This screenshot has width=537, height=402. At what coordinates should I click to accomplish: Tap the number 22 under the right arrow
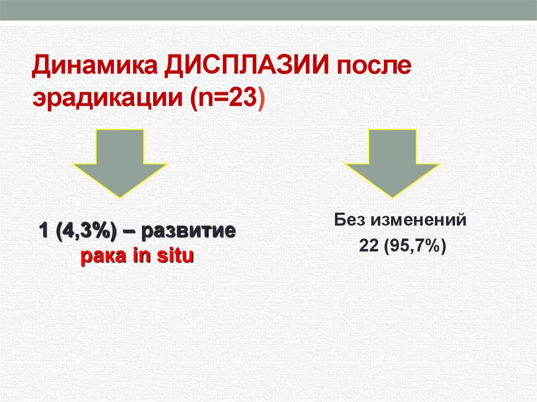[368, 245]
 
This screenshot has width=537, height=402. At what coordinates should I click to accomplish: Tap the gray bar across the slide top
[268, 10]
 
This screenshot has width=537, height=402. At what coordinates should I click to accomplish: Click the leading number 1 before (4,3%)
[41, 232]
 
